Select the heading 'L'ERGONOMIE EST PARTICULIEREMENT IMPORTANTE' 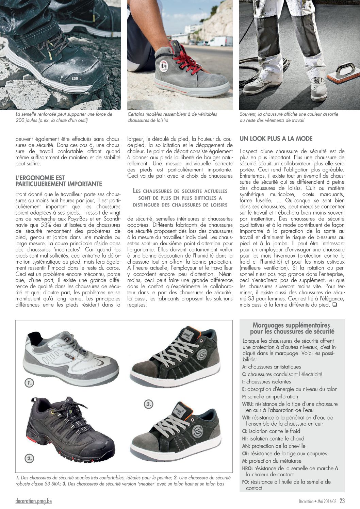tap(59, 181)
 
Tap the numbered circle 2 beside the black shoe tap(29, 458)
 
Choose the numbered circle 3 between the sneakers tap(148, 404)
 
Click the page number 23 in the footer tap(342, 501)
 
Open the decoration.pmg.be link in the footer tap(34, 501)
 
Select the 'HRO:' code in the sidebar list tap(247, 468)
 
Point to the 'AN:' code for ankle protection tap(246, 446)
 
